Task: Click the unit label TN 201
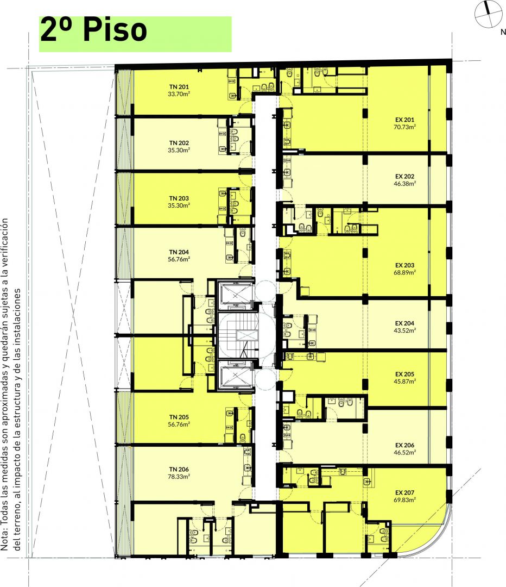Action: click(179, 87)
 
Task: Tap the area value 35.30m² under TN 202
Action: click(179, 150)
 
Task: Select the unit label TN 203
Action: click(179, 198)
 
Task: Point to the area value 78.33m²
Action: click(179, 477)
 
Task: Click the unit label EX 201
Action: click(404, 120)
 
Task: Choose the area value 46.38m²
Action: click(404, 184)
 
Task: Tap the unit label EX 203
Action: click(404, 265)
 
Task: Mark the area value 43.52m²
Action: click(404, 330)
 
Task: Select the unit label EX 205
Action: click(404, 374)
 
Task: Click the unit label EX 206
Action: click(404, 446)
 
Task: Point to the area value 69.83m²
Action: click(404, 500)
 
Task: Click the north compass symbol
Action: click(488, 14)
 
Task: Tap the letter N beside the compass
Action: click(503, 32)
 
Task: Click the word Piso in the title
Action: click(115, 30)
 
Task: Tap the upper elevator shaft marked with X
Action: click(235, 296)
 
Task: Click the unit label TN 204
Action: click(179, 252)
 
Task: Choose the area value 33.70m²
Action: click(179, 94)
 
